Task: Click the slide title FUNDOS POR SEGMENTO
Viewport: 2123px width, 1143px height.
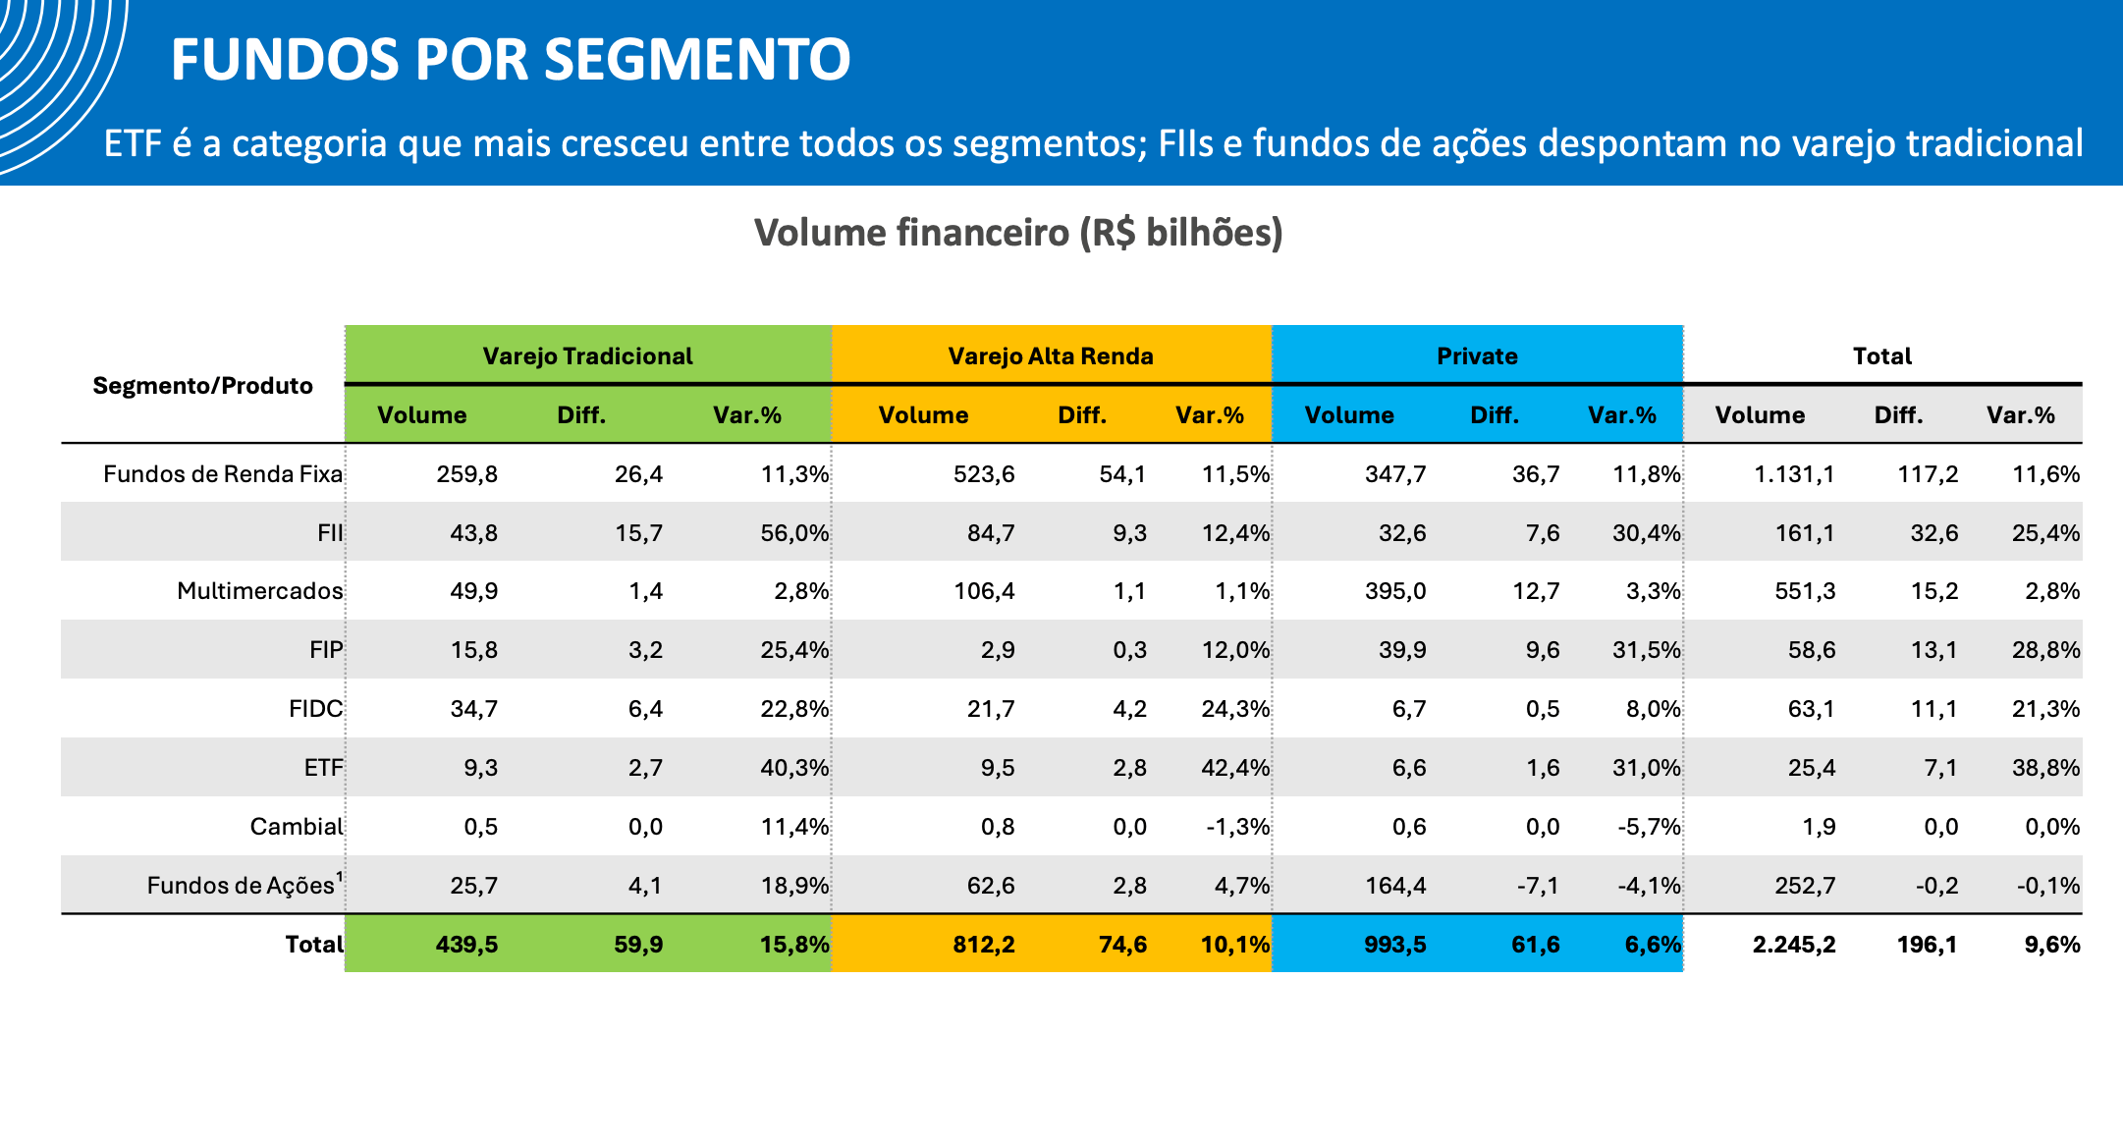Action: click(x=511, y=59)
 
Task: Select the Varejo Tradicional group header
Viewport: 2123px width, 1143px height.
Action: click(x=587, y=355)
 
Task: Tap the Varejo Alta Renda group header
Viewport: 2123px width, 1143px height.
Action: click(x=1051, y=355)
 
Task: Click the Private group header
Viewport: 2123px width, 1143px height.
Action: click(x=1477, y=355)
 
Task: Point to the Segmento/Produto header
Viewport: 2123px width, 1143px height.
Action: click(x=202, y=385)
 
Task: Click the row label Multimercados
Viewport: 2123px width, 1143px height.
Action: click(x=260, y=590)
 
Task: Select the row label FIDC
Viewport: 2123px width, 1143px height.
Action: click(x=316, y=708)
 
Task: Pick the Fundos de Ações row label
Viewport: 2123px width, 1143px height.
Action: click(x=245, y=884)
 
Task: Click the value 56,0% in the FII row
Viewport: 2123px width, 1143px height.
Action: click(x=794, y=532)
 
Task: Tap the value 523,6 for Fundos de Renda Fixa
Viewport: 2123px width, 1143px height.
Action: click(x=984, y=474)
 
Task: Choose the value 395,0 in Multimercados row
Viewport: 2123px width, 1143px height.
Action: click(x=1395, y=590)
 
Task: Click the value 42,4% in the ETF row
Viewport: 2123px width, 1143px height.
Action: click(x=1235, y=767)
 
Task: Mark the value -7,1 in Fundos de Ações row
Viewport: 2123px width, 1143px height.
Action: click(x=1537, y=885)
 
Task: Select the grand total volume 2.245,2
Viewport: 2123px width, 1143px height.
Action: click(x=1794, y=944)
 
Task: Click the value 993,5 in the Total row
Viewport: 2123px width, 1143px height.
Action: click(x=1395, y=944)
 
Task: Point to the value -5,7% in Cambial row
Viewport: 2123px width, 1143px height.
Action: click(x=1649, y=826)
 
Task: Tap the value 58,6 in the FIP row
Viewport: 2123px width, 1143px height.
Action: click(x=1812, y=649)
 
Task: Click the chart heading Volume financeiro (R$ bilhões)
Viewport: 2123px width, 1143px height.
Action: click(x=1018, y=233)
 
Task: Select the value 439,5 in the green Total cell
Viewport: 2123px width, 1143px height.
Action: click(x=466, y=944)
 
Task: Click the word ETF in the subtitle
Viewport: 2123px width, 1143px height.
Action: click(x=133, y=143)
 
